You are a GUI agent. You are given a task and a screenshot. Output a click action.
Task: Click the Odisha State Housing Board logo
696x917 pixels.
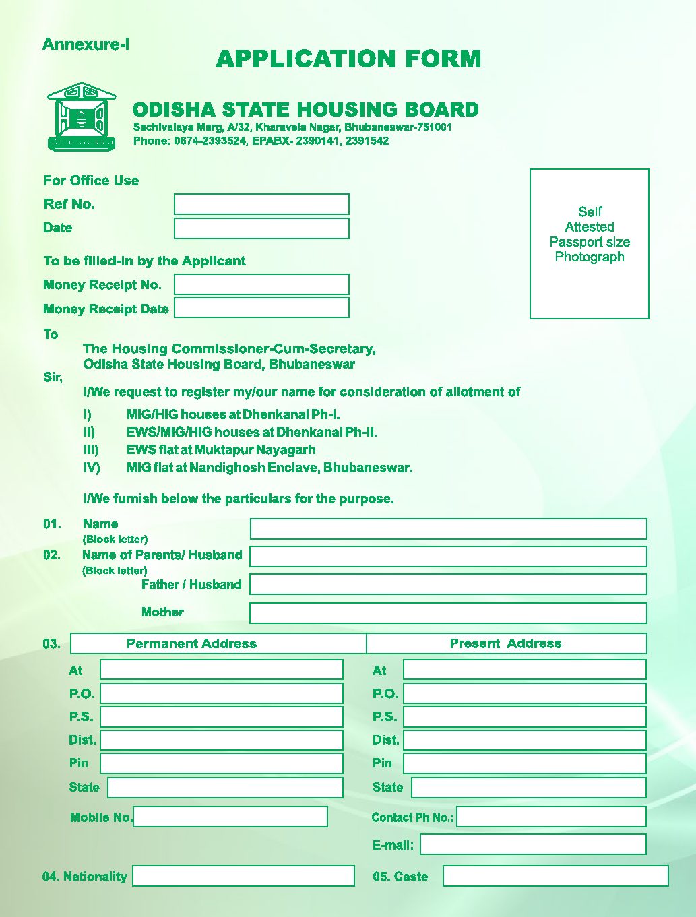point(82,116)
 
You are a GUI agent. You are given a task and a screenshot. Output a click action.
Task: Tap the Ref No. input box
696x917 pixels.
point(261,204)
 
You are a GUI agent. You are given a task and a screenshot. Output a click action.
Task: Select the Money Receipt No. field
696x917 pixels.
point(261,284)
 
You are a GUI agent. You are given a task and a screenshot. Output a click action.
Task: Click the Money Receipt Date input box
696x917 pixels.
point(261,308)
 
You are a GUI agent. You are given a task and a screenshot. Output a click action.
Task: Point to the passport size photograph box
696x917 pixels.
point(589,243)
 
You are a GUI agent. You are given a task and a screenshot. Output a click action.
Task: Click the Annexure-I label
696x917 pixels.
point(86,44)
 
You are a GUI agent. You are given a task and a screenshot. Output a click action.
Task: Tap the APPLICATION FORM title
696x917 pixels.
point(348,59)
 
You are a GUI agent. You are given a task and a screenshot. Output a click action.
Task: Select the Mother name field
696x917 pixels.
point(448,613)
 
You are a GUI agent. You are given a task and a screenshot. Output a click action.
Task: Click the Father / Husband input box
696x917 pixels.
point(448,584)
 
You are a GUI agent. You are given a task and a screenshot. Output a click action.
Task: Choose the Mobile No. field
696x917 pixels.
point(230,817)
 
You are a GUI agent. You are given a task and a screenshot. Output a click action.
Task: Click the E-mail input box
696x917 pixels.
point(533,844)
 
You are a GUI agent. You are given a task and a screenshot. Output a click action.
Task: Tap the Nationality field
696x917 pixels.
point(243,876)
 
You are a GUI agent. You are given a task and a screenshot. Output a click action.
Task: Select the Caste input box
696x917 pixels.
point(555,876)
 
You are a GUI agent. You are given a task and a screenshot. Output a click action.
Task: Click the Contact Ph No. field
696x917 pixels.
point(551,817)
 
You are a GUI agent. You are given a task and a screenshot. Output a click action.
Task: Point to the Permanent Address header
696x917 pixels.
point(191,643)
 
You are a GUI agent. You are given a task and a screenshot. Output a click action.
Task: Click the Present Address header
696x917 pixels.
point(505,643)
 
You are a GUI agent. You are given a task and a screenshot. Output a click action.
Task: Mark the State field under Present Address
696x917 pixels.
point(528,788)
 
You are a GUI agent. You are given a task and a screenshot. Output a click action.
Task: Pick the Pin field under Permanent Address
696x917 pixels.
point(221,763)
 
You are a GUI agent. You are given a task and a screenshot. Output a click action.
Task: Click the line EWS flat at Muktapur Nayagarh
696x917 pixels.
point(221,450)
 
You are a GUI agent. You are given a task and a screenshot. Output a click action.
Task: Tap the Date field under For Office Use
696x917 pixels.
point(261,228)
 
